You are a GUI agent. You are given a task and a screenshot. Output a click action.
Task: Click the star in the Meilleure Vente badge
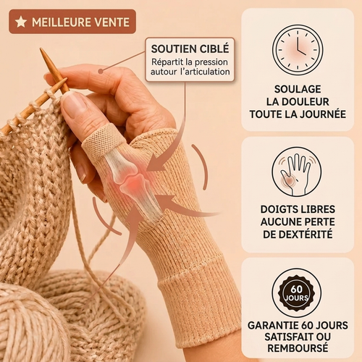pos(21,22)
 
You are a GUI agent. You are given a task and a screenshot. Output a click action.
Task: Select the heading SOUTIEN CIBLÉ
pos(190,49)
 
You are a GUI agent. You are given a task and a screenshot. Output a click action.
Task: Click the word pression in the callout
pos(211,62)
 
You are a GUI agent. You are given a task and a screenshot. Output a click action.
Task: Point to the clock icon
pos(298,50)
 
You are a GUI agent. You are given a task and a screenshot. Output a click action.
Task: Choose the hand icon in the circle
pos(297,173)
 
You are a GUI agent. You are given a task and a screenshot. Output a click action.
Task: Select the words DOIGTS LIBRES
pos(298,209)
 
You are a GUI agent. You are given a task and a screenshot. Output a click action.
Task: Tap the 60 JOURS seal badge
pos(297,292)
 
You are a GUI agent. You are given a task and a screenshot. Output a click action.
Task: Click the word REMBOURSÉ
pos(298,348)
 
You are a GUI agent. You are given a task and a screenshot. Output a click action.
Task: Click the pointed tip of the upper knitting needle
pos(41,49)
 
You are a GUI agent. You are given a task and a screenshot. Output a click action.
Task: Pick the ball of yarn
pos(31,326)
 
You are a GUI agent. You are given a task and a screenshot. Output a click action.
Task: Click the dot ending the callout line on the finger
pos(101,71)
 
